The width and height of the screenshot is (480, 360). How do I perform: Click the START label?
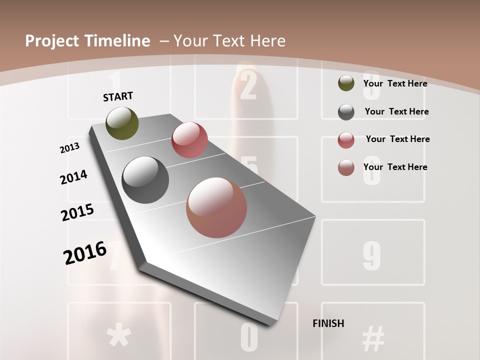(x=118, y=96)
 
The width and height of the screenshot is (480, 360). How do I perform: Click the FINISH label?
(x=328, y=323)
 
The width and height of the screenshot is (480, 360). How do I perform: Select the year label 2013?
(x=69, y=147)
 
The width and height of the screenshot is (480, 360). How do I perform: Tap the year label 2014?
(x=73, y=177)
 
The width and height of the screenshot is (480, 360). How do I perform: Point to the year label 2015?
(x=77, y=212)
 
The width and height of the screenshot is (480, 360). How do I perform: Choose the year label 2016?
(x=85, y=253)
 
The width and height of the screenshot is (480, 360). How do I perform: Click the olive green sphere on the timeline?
(x=122, y=123)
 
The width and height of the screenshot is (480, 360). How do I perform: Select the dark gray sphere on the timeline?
(x=145, y=180)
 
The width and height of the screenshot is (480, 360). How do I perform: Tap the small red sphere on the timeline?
(x=189, y=140)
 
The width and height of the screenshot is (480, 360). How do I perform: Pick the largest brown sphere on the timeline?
(x=216, y=207)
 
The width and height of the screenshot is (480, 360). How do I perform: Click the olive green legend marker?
(x=346, y=83)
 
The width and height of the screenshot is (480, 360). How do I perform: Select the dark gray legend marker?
(x=346, y=112)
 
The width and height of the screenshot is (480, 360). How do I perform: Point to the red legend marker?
(x=346, y=140)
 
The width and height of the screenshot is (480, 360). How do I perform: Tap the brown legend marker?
(x=346, y=167)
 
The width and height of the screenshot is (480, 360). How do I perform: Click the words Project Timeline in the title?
(x=87, y=41)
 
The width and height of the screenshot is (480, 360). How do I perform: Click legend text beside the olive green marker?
(x=395, y=83)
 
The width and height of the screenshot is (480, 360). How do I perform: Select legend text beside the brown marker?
(x=395, y=167)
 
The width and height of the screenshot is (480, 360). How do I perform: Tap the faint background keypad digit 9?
(x=371, y=255)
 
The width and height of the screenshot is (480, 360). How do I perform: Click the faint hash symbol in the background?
(x=373, y=338)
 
